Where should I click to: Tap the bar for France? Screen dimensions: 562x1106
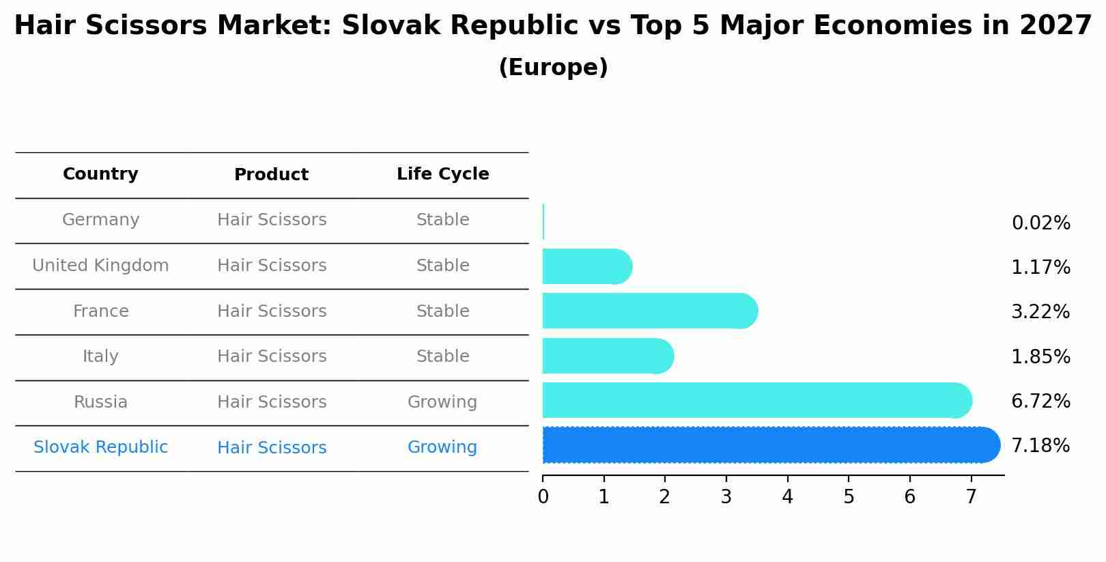(x=649, y=311)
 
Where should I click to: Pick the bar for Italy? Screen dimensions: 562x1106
(x=608, y=356)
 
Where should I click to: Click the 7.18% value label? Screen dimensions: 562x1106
(x=1040, y=446)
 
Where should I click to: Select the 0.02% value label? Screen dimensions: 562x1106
(x=1040, y=223)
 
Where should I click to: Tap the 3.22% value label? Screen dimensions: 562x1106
(x=1040, y=312)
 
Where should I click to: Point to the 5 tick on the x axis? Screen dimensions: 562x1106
(x=849, y=497)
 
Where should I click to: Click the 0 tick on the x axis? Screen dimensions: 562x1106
(x=543, y=497)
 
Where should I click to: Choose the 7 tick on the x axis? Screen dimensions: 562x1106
(x=971, y=497)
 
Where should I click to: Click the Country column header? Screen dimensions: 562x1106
(x=100, y=174)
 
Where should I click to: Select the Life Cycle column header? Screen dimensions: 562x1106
(x=442, y=174)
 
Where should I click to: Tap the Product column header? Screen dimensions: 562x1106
(x=271, y=175)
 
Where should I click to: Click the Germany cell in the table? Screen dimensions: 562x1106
(x=100, y=220)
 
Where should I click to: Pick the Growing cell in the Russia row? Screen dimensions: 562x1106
(x=442, y=402)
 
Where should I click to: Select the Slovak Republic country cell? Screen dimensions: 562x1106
(x=100, y=447)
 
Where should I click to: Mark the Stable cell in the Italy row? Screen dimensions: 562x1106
(x=442, y=356)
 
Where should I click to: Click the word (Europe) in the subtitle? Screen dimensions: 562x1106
(x=553, y=68)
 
